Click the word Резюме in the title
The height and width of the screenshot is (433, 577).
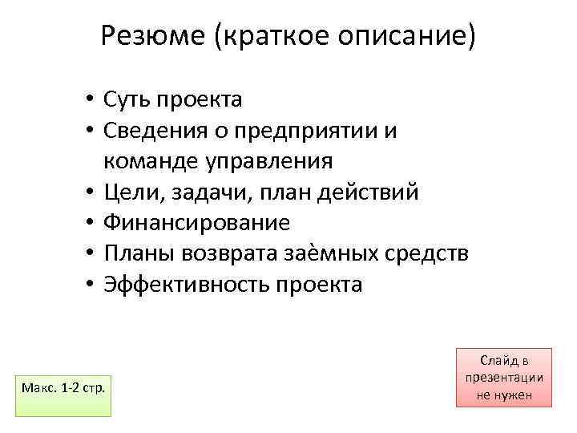(x=153, y=35)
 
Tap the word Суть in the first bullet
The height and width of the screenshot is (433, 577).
(x=127, y=99)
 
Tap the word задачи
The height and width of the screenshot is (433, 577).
(x=193, y=192)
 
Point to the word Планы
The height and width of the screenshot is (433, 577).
(x=137, y=253)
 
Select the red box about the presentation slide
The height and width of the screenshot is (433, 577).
(x=504, y=378)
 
